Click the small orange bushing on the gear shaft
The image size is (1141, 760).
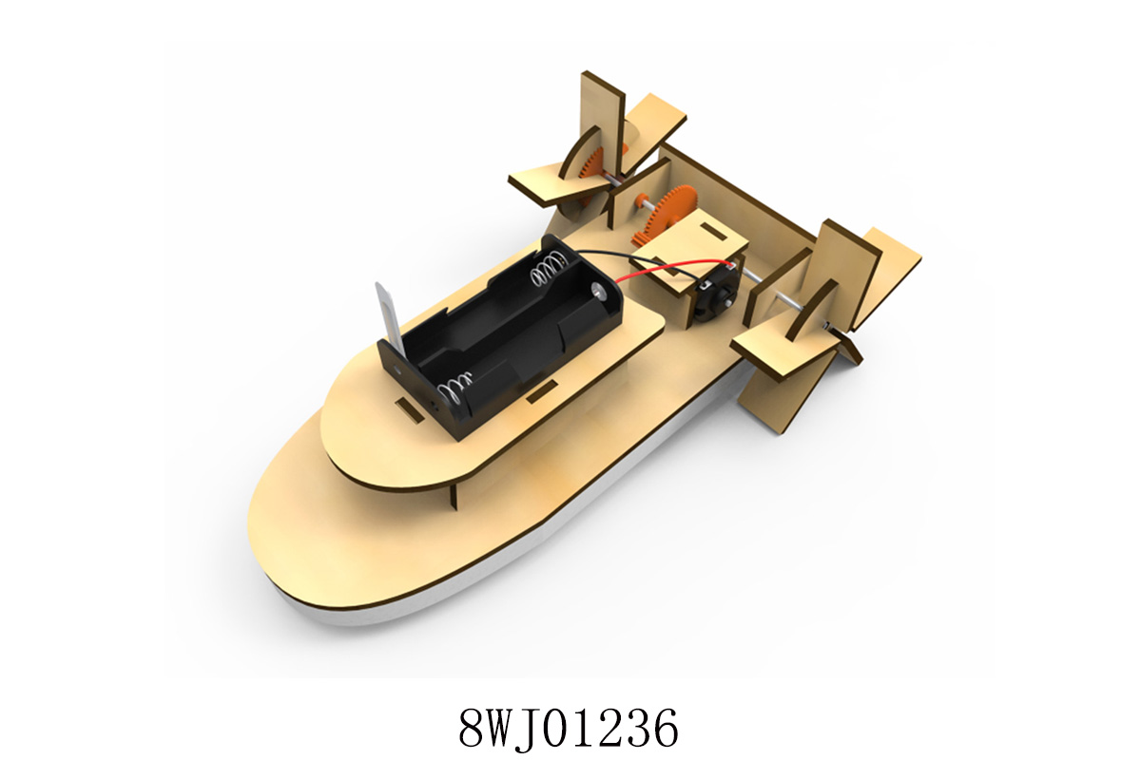[x=641, y=199]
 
